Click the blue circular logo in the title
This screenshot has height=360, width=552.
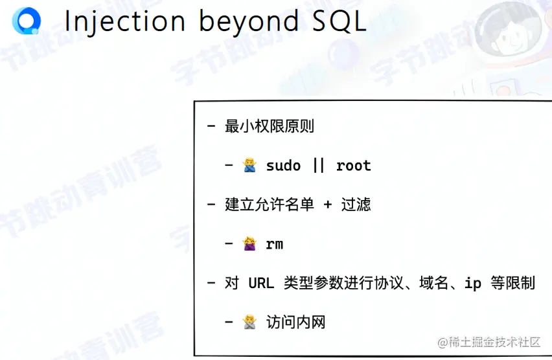(x=27, y=21)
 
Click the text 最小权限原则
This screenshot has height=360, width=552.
(x=269, y=126)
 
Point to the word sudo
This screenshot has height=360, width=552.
(x=283, y=166)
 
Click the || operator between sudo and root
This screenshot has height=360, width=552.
(x=318, y=166)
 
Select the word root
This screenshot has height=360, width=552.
(x=353, y=166)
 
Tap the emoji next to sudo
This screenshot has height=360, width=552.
(x=249, y=166)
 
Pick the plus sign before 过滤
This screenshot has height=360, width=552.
(x=327, y=205)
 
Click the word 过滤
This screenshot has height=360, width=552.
(x=356, y=205)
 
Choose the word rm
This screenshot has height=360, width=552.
(x=274, y=244)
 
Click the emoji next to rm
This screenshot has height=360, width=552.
(x=249, y=244)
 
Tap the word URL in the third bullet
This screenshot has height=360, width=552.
(x=261, y=283)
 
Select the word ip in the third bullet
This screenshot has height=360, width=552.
(x=473, y=283)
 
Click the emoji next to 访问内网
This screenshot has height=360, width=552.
(x=249, y=322)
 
